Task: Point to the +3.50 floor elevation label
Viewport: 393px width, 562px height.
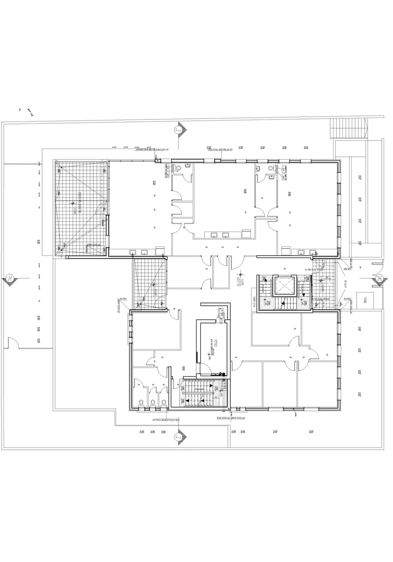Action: (240, 281)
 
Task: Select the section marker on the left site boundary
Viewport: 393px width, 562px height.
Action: (10, 279)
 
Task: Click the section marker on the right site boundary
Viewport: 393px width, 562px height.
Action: (380, 279)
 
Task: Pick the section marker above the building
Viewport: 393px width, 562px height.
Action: (179, 130)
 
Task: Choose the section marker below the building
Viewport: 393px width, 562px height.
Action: (179, 435)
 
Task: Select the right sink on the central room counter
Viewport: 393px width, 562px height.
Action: (226, 235)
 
